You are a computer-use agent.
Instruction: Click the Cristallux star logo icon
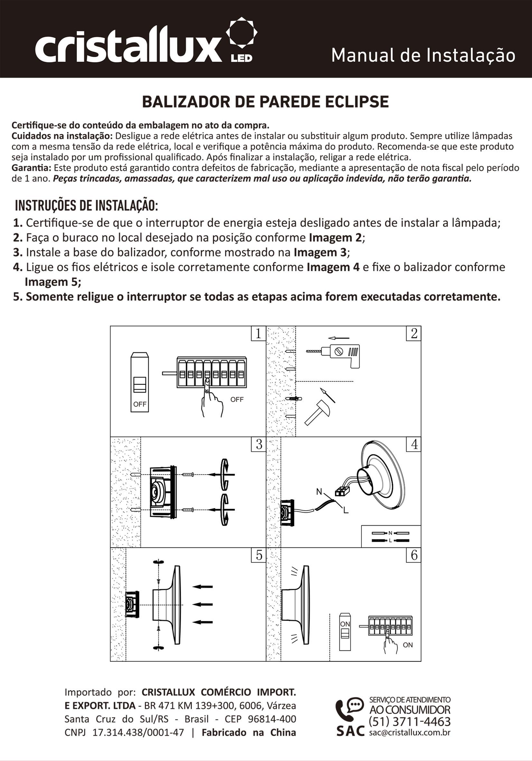tap(241, 33)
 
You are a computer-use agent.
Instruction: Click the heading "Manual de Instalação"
tap(423, 55)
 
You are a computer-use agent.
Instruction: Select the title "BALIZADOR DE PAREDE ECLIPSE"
tap(266, 102)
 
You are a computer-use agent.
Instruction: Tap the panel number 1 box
tap(258, 333)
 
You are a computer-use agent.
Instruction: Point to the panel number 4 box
tap(414, 444)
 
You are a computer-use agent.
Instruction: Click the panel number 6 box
tap(414, 555)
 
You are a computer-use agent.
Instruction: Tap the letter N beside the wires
tap(319, 492)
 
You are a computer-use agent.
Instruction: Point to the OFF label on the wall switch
tap(140, 404)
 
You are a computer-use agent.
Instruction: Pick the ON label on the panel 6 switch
tap(345, 624)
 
